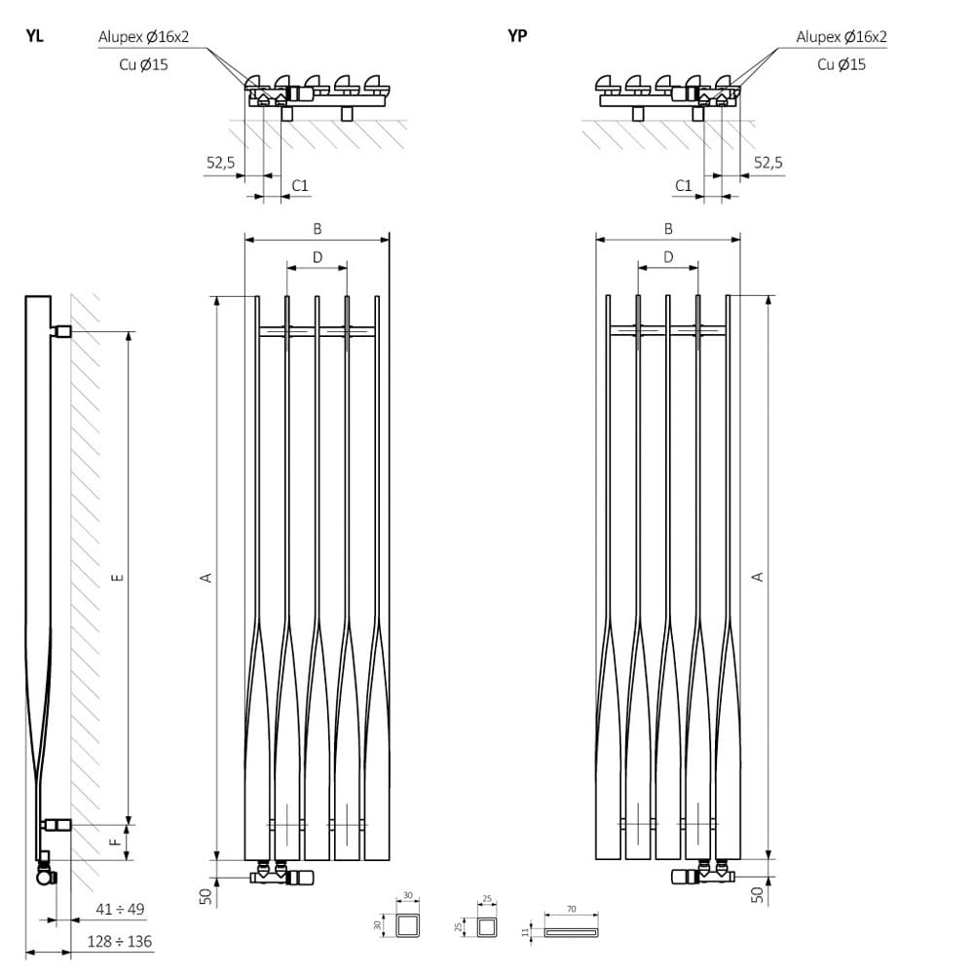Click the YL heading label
click(34, 37)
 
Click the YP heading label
click(517, 37)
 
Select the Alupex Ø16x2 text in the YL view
click(144, 38)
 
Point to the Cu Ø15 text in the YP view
click(842, 64)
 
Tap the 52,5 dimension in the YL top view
click(220, 163)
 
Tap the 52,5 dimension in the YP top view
click(768, 163)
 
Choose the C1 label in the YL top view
click(301, 185)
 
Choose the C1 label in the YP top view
click(684, 185)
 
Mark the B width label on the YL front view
click(317, 229)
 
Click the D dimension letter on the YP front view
click(668, 257)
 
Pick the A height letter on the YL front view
click(206, 578)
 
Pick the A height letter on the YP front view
click(759, 578)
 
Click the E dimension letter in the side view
click(117, 578)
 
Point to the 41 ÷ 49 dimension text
click(121, 910)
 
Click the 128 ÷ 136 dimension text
click(120, 942)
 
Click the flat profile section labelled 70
click(570, 932)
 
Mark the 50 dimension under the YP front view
click(758, 893)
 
